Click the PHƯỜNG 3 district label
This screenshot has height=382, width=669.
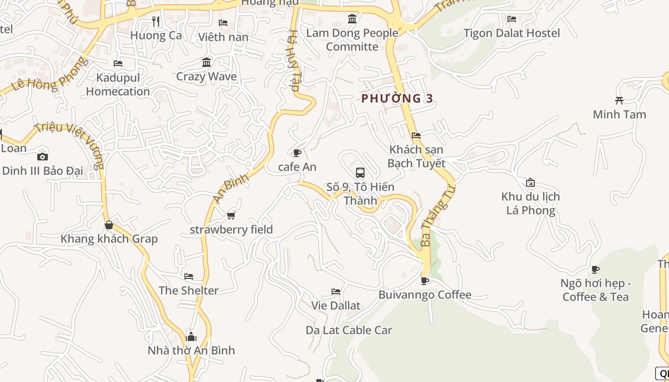point(397,98)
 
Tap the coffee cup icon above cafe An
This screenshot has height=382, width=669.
point(297,153)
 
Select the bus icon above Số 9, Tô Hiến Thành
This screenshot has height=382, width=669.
point(360,172)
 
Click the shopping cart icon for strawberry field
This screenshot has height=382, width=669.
point(231,216)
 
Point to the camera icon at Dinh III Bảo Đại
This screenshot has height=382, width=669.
point(42,157)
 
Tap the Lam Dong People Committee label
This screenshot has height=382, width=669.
point(352,40)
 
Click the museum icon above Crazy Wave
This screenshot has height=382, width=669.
point(206,63)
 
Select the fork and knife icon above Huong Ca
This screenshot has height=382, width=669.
point(156,21)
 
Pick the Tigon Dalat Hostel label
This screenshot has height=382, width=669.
point(512,33)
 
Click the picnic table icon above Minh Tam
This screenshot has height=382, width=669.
point(619,100)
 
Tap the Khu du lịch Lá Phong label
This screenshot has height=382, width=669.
point(530,203)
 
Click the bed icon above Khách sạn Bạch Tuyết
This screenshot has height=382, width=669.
point(416,136)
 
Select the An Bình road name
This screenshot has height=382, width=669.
point(231,188)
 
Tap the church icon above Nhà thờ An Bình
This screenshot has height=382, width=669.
point(191,337)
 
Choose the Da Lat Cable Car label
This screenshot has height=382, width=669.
point(349,330)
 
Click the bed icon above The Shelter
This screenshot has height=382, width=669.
point(189,276)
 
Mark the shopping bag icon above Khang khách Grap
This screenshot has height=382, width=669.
point(109,225)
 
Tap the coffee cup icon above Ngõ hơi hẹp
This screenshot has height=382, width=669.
point(595,270)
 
